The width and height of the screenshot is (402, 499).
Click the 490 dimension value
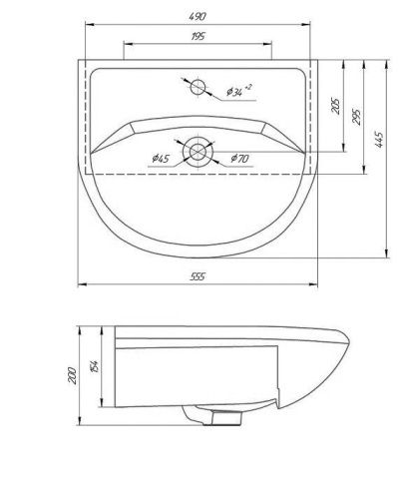[199, 13]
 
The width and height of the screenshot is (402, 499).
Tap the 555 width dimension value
[198, 276]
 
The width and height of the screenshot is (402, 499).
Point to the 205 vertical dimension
[335, 105]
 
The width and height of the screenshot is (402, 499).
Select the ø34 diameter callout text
[238, 92]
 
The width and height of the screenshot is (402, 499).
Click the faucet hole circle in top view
[197, 85]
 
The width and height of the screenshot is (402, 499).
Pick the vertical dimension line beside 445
[387, 155]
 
